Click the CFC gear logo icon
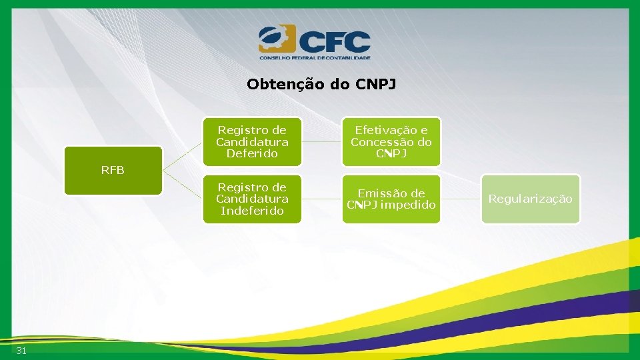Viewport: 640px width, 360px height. (x=276, y=39)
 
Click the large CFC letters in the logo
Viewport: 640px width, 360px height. (x=333, y=41)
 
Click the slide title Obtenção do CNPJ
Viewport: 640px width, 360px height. (x=321, y=85)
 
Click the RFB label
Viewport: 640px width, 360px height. (x=113, y=170)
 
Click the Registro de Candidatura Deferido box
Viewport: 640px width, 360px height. (x=252, y=142)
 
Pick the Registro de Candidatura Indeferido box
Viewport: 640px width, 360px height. (x=252, y=199)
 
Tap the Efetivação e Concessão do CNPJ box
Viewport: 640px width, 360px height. (x=391, y=142)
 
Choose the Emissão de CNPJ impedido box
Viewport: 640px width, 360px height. (x=391, y=199)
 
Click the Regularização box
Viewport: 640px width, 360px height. (x=530, y=199)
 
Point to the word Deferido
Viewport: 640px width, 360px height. (x=252, y=154)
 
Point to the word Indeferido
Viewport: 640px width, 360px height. (x=252, y=211)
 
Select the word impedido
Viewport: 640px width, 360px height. (x=409, y=205)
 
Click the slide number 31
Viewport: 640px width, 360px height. (x=21, y=351)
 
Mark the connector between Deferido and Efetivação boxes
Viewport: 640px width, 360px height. (x=322, y=142)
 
